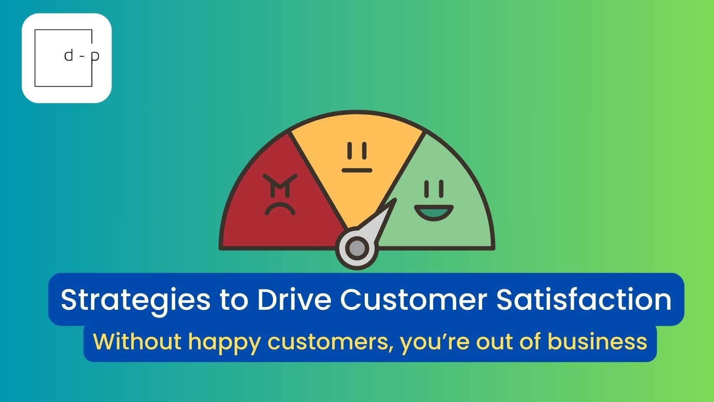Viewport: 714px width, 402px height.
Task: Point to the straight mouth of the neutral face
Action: point(357,170)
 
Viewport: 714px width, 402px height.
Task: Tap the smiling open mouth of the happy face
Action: point(434,212)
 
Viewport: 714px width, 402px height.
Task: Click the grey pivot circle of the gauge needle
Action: point(357,248)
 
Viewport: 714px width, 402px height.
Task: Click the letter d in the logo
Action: point(69,56)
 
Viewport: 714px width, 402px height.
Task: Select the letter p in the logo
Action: point(95,57)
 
